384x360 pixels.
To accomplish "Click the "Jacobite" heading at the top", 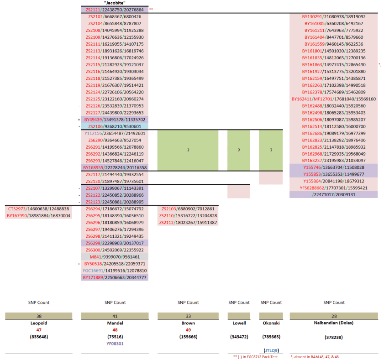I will (115, 3).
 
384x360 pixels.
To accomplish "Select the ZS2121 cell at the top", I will (115, 10).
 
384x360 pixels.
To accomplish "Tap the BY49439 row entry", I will (115, 120).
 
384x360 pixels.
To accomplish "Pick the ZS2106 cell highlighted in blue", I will (115, 126).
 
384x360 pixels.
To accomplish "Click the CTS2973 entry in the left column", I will (38, 209).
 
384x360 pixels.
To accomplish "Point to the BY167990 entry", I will (38, 215).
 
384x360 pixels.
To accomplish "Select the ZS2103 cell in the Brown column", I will (188, 209).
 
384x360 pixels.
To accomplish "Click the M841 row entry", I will (115, 257).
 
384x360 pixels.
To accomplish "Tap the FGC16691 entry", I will (115, 271).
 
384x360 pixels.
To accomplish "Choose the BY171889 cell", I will (115, 277).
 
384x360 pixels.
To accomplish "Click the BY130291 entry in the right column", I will (334, 16).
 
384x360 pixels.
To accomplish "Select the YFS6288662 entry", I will (334, 188).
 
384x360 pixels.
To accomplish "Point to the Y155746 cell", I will (334, 167).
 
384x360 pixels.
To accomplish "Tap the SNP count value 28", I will (334, 316).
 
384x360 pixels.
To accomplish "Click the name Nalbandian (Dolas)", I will (334, 323).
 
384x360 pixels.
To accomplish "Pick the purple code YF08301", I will (115, 344).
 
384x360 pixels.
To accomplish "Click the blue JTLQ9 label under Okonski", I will (271, 350).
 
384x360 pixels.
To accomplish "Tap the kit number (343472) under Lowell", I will (239, 337).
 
